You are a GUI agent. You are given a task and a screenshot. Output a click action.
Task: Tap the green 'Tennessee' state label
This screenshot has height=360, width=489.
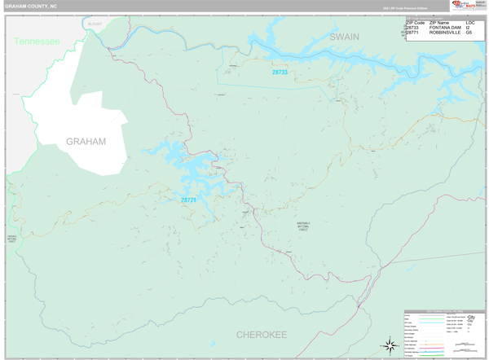[37, 41]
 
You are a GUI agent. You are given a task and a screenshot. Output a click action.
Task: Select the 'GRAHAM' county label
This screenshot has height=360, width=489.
[86, 142]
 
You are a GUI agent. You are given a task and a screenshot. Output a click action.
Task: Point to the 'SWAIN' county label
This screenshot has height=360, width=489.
[344, 37]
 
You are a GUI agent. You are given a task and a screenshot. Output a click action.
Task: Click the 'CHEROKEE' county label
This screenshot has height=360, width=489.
[262, 335]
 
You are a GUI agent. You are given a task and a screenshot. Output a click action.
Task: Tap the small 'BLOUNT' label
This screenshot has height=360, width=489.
[95, 24]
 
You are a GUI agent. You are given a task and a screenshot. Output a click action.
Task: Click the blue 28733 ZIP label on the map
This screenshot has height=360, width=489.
[280, 72]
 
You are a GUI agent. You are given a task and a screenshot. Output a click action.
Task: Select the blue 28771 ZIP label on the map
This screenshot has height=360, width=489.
[188, 200]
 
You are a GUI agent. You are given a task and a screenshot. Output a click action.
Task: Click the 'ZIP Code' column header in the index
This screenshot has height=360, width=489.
[416, 22]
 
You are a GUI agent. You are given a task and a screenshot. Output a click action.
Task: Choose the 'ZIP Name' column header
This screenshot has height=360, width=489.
[439, 22]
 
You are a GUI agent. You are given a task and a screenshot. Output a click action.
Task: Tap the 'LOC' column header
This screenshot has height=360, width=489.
[470, 22]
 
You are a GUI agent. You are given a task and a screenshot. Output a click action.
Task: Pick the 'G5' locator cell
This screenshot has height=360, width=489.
[469, 33]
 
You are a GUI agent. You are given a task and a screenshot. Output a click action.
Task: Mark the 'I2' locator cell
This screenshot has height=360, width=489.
[469, 28]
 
